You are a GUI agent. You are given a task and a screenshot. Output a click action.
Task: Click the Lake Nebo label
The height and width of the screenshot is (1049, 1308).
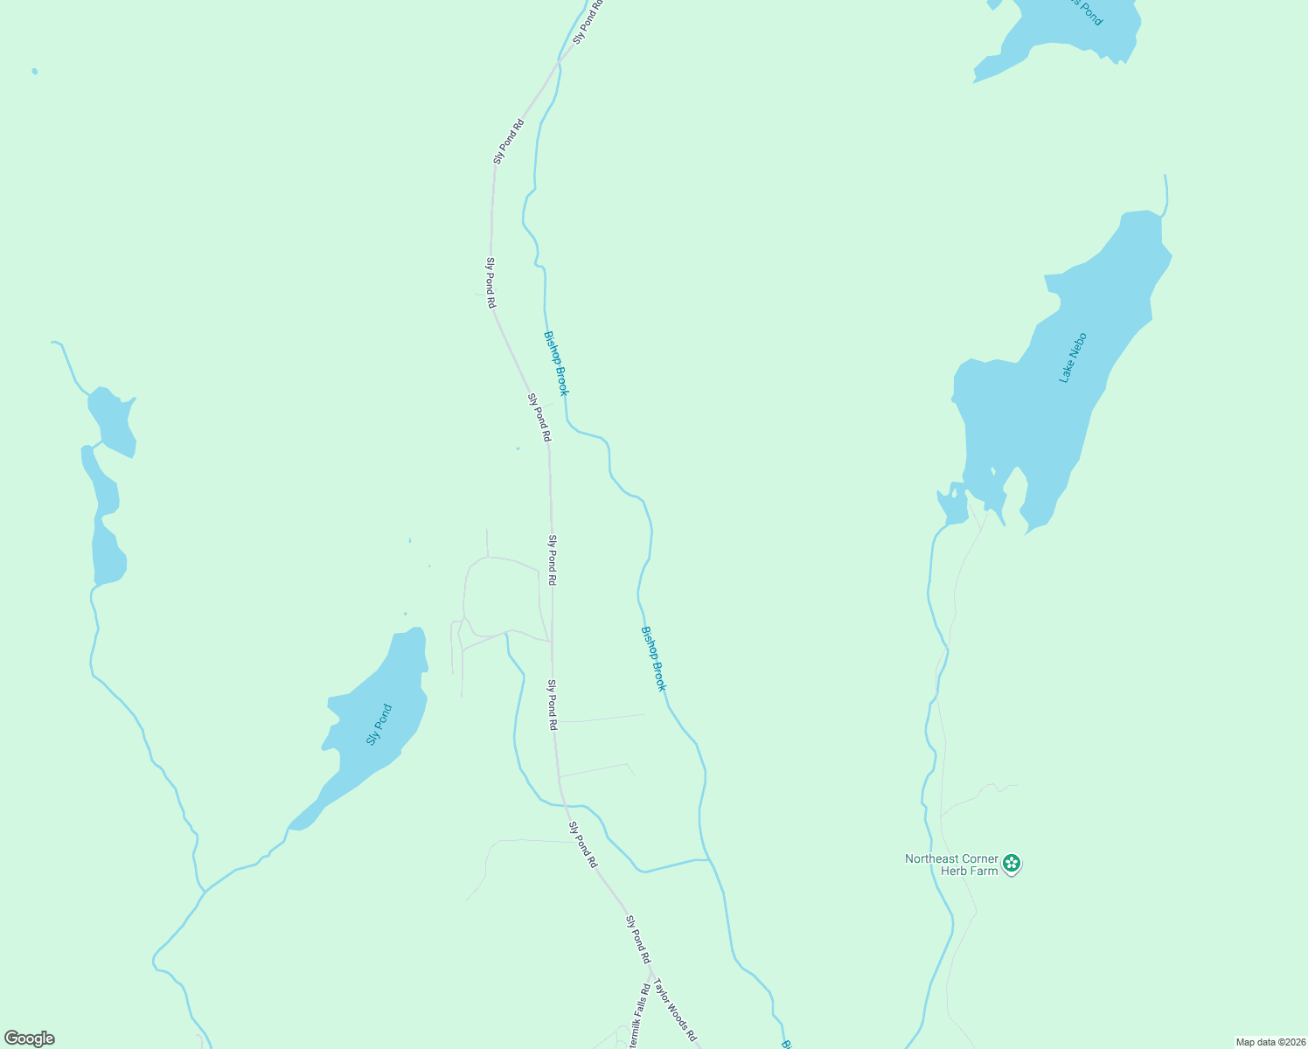point(1073,358)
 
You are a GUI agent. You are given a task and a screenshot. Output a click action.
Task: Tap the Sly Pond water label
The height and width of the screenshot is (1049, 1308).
point(379,725)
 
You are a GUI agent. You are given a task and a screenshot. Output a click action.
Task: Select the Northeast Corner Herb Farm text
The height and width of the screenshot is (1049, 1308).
point(951,865)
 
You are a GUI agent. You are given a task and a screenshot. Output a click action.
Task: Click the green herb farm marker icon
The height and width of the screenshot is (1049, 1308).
point(1012,864)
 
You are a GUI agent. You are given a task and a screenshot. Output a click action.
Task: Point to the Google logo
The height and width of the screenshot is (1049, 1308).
point(30,1039)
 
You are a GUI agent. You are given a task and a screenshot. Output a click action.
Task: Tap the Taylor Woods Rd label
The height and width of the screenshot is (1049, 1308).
point(675,1009)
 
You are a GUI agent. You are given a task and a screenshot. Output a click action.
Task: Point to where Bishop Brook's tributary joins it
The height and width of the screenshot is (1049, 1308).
point(709,860)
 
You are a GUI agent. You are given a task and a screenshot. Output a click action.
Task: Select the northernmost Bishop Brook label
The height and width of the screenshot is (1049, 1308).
point(556,363)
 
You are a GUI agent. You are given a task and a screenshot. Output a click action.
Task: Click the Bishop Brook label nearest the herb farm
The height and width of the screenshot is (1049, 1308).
point(654,658)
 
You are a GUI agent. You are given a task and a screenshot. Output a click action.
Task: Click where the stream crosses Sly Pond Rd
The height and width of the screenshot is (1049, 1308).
point(564,805)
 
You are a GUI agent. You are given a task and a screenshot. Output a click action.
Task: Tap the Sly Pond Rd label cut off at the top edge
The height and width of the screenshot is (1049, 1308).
point(588,23)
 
